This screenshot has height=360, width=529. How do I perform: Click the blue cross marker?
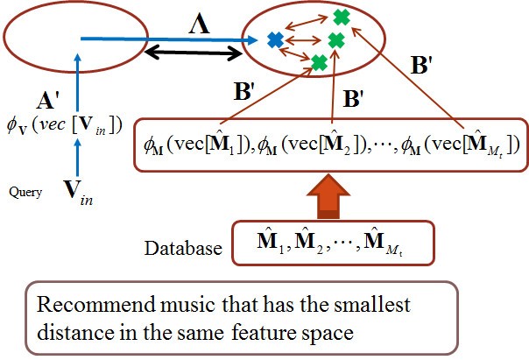275,39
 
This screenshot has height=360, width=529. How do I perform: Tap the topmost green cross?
342,16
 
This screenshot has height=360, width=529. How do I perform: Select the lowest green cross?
320,63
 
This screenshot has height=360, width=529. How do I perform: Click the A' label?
48,98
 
